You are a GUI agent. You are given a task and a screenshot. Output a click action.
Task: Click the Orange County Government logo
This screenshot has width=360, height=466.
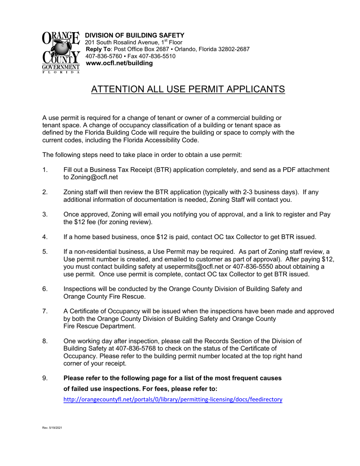point(61,52)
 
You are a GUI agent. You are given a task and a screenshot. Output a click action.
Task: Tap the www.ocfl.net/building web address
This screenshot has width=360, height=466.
point(120,63)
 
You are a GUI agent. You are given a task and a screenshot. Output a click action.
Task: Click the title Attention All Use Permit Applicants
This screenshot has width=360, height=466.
point(188,89)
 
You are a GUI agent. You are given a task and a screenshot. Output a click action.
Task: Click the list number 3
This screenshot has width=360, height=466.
point(45,214)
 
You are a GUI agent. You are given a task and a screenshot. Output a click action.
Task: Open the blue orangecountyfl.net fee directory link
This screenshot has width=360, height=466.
point(173,399)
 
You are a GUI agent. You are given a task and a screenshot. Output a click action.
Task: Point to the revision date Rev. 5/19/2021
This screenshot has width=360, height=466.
point(52,428)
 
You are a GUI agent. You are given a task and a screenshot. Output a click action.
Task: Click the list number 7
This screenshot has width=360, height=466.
point(45,311)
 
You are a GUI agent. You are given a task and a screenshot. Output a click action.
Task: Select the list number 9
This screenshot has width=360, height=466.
point(45,378)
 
